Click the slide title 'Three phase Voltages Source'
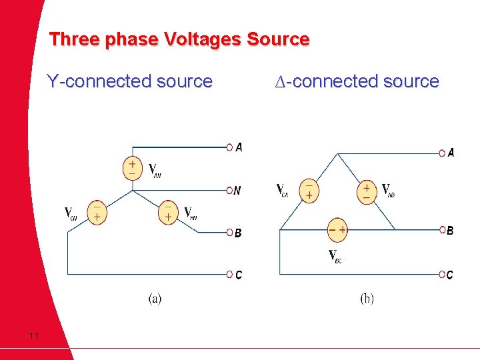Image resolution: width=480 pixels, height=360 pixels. pyautogui.click(x=179, y=39)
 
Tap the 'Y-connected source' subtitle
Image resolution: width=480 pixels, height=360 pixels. pyautogui.click(x=129, y=82)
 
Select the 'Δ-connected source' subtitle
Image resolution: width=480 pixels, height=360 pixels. pyautogui.click(x=357, y=82)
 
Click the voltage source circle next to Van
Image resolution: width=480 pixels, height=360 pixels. pyautogui.click(x=132, y=167)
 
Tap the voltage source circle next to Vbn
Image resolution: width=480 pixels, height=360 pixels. pyautogui.click(x=168, y=211)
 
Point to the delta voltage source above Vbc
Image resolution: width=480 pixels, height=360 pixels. pyautogui.click(x=337, y=229)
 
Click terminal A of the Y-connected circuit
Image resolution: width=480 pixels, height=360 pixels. pyautogui.click(x=229, y=147)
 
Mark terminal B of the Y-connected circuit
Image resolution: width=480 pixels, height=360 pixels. pyautogui.click(x=229, y=233)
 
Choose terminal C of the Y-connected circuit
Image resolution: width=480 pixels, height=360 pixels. pyautogui.click(x=229, y=274)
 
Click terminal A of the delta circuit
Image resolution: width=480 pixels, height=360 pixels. pyautogui.click(x=442, y=153)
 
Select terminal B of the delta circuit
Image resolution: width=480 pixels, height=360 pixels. pyautogui.click(x=442, y=230)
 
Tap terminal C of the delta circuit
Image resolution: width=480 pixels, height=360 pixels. pyautogui.click(x=442, y=274)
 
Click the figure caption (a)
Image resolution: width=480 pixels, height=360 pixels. pyautogui.click(x=155, y=299)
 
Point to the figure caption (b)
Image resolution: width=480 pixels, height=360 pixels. pyautogui.click(x=367, y=299)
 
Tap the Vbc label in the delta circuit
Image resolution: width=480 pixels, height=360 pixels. pyautogui.click(x=335, y=255)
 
